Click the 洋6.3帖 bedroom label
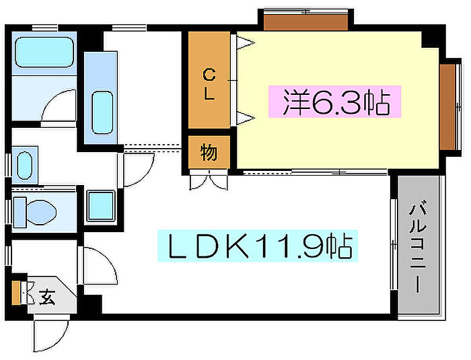pos(335,102)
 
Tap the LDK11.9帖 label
pos(258,246)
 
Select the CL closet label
pos(209,84)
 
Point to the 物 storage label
pos(209,152)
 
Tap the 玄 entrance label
pos(47,297)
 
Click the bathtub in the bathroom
pos(44,52)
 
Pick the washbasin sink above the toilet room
pos(24,166)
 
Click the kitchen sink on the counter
pos(102,112)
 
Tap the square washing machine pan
pos(101,205)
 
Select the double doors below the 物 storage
pos(208,180)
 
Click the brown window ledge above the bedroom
pos(305,22)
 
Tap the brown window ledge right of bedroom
pos(447,107)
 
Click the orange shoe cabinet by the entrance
pos(16,293)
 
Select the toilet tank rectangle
pos(20,212)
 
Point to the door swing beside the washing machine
pos(137,170)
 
